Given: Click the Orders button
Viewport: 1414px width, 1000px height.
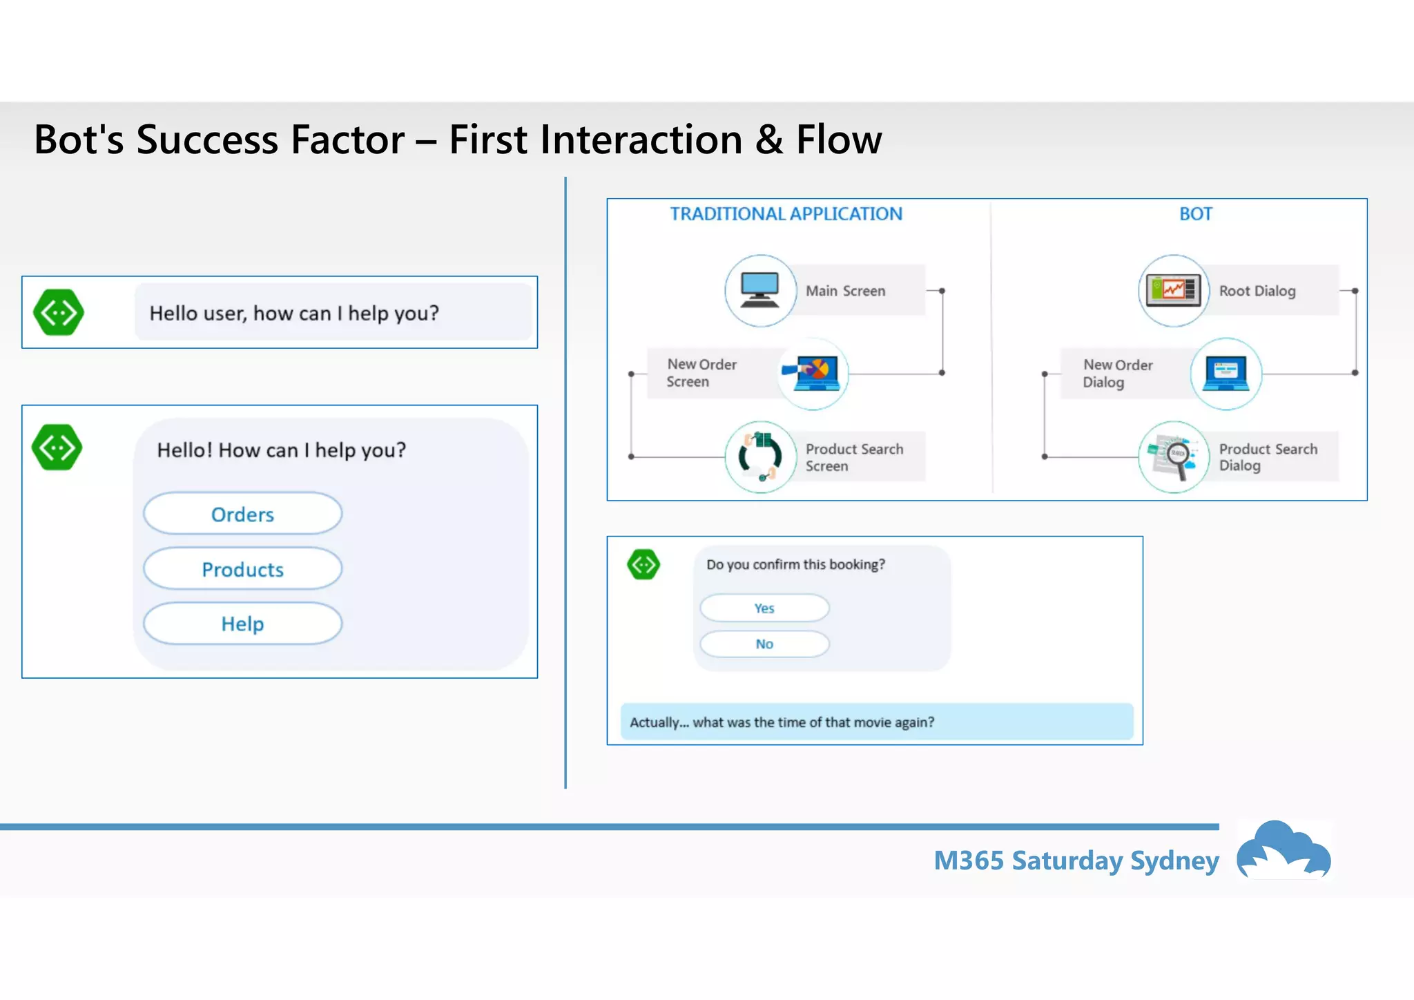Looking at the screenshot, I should coord(242,514).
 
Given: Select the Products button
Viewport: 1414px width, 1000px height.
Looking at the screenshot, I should coord(242,569).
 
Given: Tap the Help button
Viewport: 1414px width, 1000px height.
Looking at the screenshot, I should coord(242,624).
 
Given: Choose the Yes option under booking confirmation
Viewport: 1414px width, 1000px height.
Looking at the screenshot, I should coord(764,608).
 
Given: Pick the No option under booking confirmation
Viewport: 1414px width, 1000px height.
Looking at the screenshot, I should coord(764,644).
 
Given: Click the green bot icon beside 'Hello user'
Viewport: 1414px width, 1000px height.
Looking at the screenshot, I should coord(59,313).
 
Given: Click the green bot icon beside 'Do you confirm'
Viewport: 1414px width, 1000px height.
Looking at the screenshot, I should coord(643,564).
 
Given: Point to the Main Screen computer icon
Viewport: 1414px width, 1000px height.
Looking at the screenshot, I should coord(760,290).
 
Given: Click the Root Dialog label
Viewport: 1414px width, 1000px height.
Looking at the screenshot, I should coord(1257,291).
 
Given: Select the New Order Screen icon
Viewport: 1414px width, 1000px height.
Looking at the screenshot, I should coord(813,374).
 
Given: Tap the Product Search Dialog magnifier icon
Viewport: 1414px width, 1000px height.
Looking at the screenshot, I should coord(1173,456).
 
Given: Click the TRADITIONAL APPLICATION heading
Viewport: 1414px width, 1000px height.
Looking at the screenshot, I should coord(786,214).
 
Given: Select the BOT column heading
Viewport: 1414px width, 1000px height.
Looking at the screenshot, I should coord(1195,214).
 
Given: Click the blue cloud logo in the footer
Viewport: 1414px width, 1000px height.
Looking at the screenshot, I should coord(1284,850).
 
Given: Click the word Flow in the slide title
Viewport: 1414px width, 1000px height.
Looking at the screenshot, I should coord(839,140).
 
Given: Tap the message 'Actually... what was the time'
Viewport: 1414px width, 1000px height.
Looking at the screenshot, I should coord(782,722).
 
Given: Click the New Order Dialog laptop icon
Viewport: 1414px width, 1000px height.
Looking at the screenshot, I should coord(1226,374).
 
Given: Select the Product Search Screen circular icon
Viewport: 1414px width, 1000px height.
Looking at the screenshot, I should coord(760,456).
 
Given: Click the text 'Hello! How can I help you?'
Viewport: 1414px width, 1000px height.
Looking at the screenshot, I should coord(281,450).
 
